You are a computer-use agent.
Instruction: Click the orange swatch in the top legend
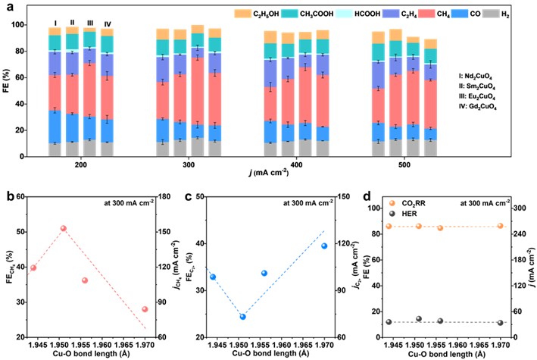tap(243, 14)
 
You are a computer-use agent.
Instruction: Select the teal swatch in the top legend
tap(289, 14)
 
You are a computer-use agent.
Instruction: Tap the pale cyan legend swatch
tap(344, 14)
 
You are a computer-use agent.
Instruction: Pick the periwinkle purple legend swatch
tap(391, 14)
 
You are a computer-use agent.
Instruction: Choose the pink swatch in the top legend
tap(426, 14)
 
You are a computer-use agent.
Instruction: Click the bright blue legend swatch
tap(460, 14)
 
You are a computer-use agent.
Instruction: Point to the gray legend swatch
tap(491, 14)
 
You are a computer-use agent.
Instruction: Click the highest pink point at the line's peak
tap(64, 228)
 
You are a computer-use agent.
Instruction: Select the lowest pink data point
tap(145, 309)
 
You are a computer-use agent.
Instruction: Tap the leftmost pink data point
tap(33, 268)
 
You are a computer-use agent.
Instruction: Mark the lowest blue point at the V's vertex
tap(243, 317)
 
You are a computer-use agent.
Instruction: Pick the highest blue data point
tap(324, 246)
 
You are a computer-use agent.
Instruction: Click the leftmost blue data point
tap(213, 277)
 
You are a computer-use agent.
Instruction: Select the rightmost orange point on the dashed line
tap(500, 226)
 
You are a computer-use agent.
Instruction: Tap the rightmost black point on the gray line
tap(500, 323)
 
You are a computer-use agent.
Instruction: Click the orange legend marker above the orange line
tap(392, 203)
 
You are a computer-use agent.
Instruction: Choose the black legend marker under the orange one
tap(392, 214)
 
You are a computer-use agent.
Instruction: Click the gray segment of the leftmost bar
tap(55, 149)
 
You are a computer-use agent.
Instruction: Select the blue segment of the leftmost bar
tap(55, 127)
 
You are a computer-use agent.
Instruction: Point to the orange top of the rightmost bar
tap(430, 44)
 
